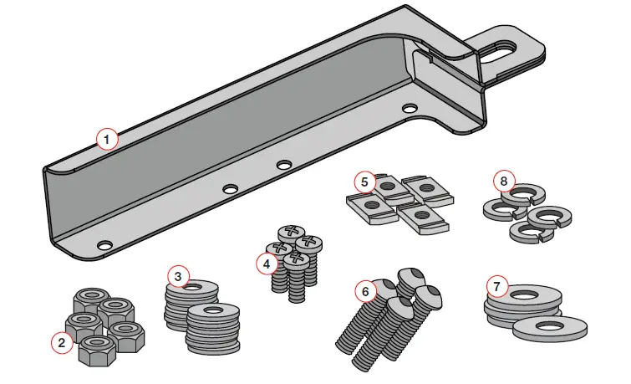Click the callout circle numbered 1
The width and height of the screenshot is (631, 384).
click(106, 138)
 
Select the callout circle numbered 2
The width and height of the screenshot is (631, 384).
click(60, 341)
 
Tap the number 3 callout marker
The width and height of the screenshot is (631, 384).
click(177, 276)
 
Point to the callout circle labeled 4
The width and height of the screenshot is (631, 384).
click(266, 263)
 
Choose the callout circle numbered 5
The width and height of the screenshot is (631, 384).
click(364, 181)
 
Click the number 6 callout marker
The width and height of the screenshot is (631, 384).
click(365, 291)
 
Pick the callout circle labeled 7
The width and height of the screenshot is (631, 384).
click(497, 288)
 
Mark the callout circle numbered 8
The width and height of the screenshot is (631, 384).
click(502, 180)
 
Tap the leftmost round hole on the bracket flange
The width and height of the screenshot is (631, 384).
click(104, 245)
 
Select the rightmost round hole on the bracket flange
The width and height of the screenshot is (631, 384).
click(408, 109)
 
